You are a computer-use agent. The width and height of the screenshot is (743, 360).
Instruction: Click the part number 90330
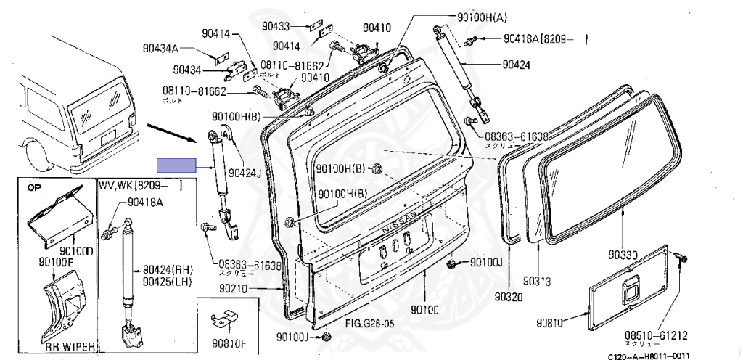click(x=623, y=255)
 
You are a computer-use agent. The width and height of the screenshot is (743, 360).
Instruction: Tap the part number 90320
click(x=509, y=296)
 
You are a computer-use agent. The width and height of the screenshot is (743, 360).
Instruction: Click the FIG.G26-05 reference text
click(x=369, y=323)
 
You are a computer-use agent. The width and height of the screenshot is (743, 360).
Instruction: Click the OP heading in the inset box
click(x=35, y=187)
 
